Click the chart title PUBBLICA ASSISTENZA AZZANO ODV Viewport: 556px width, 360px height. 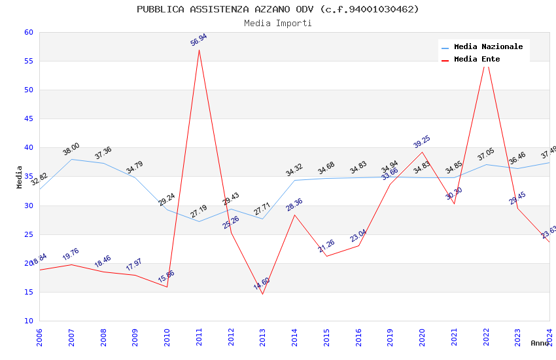pos(278,9)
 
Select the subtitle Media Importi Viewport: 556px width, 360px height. pos(278,23)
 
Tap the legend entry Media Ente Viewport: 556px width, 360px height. pos(477,59)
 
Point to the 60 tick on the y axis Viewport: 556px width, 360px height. pos(28,32)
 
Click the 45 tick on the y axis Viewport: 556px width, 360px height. pos(28,118)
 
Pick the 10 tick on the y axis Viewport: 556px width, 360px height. pos(28,321)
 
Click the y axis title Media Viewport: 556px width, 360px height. pos(20,177)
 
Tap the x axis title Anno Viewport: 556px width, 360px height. pos(540,343)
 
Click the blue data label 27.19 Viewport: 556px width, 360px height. pos(198,211)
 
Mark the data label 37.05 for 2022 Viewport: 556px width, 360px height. pos(486,154)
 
